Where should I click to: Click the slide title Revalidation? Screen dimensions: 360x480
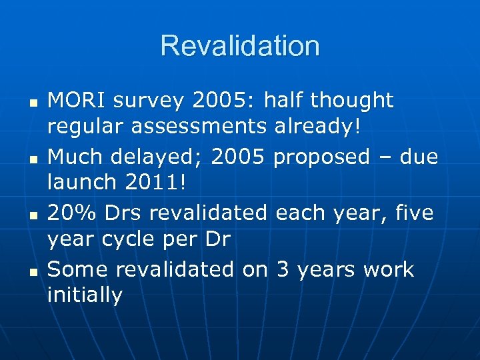(240, 46)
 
